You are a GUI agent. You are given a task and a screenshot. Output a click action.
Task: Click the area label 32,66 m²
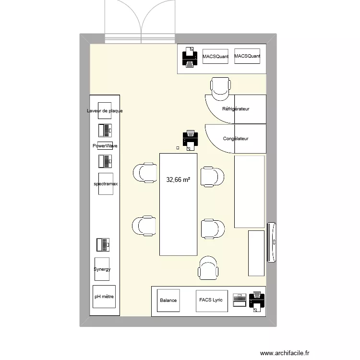[x=178, y=180]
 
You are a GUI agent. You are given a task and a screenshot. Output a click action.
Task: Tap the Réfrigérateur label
[x=236, y=109]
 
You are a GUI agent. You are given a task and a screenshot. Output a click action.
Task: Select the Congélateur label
[x=236, y=139]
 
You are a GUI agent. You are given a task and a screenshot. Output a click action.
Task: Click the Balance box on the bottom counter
[x=168, y=300]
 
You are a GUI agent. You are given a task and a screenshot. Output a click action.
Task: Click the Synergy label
[x=102, y=269]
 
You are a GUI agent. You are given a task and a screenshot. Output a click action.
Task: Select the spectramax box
[x=106, y=184]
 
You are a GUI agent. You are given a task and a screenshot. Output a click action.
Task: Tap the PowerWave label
[x=105, y=145]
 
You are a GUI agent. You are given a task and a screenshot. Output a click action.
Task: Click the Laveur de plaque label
[x=105, y=111]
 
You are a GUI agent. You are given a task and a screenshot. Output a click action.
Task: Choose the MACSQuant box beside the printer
[x=215, y=57]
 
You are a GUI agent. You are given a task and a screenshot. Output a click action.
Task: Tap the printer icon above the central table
[x=191, y=139]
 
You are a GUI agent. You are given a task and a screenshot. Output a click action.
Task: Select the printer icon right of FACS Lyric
[x=257, y=301]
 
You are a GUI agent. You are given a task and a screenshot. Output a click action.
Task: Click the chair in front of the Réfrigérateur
[x=221, y=87]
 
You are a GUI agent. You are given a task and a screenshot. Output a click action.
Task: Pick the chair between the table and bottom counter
[x=209, y=267]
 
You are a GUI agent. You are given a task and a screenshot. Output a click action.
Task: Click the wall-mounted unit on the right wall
[x=272, y=242]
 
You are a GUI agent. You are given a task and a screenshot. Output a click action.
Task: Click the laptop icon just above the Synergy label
[x=103, y=245]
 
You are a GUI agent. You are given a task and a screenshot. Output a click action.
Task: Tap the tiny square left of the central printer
[x=178, y=148]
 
